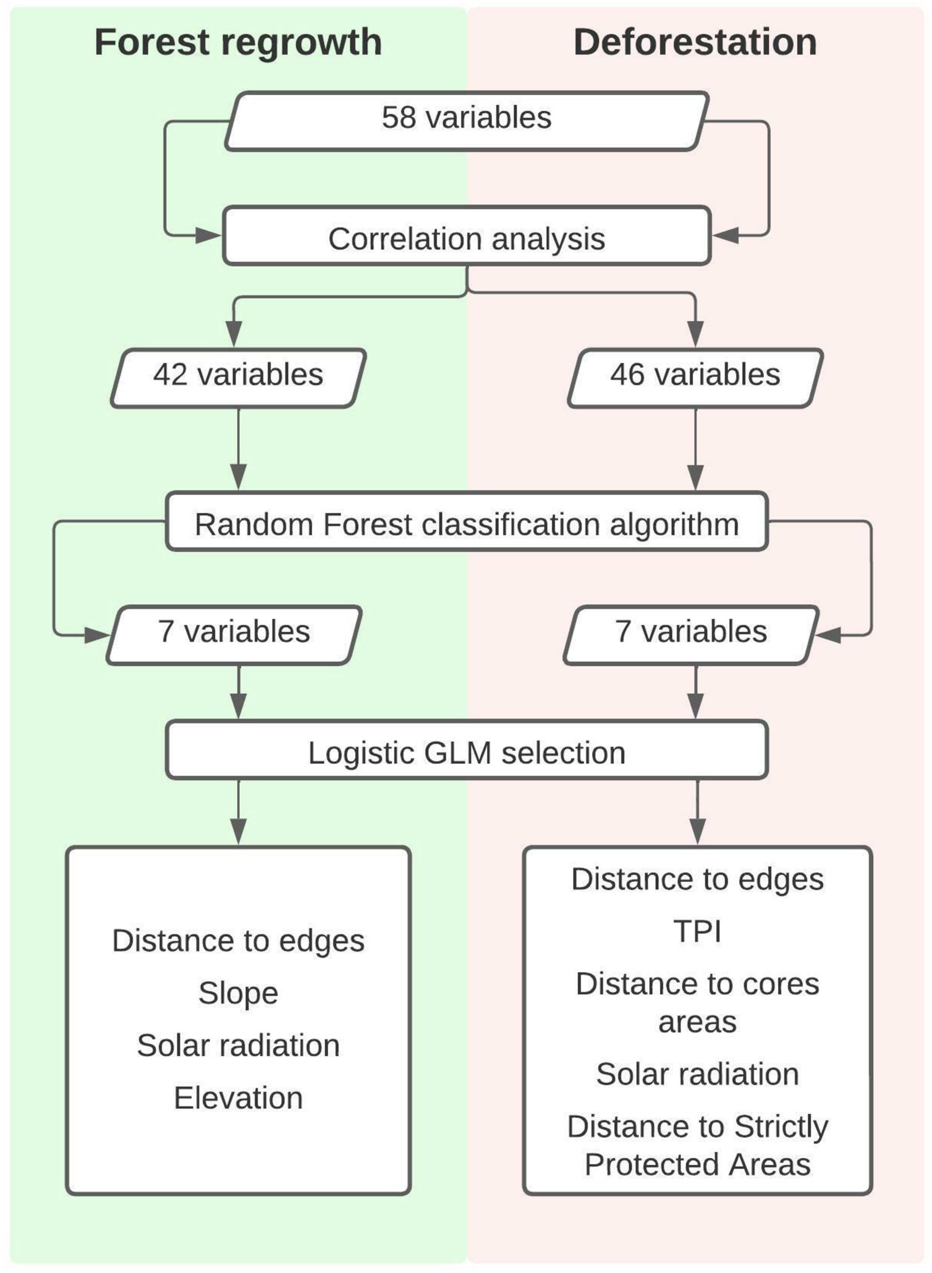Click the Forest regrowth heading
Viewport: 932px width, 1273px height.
pos(238,42)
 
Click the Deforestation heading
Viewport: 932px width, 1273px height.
pos(695,42)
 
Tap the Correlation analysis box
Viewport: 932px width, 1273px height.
pos(466,239)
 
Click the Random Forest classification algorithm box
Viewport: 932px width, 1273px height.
pos(466,524)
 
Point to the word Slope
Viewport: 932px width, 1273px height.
pos(238,993)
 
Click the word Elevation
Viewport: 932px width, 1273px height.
pos(238,1098)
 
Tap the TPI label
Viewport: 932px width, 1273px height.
pos(697,931)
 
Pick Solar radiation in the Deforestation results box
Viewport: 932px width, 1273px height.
pos(697,1074)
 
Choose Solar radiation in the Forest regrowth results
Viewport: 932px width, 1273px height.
pos(238,1046)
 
